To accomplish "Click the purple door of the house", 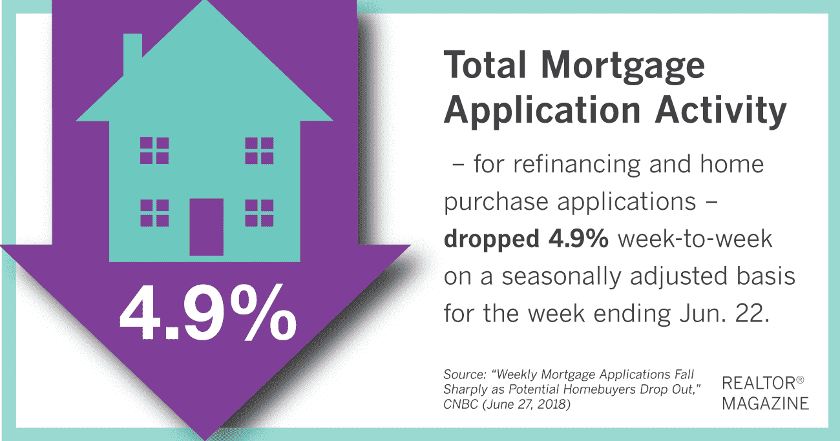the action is point(207,227).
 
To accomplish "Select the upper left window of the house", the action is point(154,150).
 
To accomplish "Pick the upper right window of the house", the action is point(259,150).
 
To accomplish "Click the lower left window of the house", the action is point(154,213).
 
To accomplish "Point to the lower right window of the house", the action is point(259,213).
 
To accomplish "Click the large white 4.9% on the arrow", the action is point(208,313).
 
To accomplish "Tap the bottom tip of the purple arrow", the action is point(205,439).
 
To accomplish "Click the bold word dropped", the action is point(491,240).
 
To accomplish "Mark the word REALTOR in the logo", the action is point(759,384).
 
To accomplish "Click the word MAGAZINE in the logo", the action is point(766,404).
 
